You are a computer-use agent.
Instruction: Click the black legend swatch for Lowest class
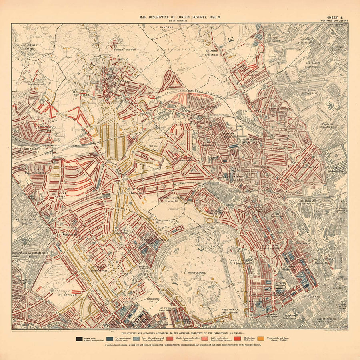(79, 339)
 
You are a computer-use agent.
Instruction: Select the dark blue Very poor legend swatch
(110, 339)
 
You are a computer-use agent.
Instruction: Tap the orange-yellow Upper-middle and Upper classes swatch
(260, 339)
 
